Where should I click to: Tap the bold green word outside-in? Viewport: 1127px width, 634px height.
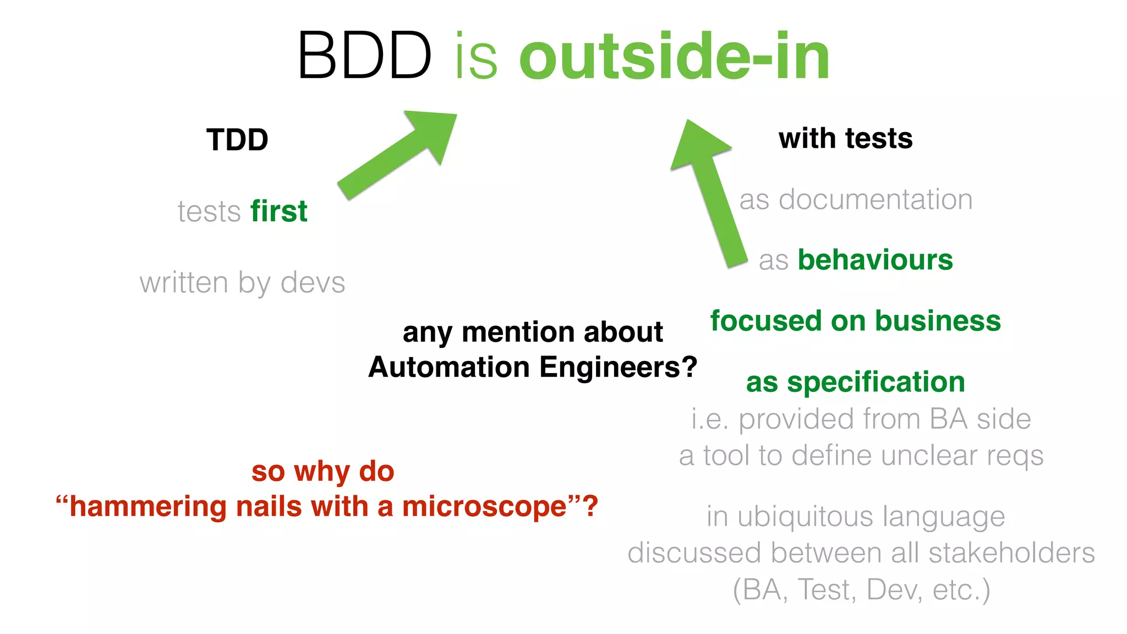pos(674,56)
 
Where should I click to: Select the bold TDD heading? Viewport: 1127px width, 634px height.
pos(237,140)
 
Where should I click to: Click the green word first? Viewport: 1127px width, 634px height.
pos(279,211)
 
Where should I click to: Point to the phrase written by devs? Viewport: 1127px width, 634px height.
pos(242,283)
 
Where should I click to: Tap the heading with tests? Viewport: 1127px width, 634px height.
pos(845,138)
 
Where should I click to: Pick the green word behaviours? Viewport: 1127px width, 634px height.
pos(875,260)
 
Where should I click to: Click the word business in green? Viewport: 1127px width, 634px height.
pos(938,321)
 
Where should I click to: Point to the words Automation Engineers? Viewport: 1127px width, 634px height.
pos(533,367)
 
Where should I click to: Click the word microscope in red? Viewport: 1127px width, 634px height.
pos(485,506)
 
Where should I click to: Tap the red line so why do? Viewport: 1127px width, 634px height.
pos(323,472)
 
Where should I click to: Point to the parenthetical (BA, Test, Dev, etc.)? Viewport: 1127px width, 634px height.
pos(861,590)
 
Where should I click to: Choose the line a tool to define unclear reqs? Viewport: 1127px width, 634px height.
pos(861,456)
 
